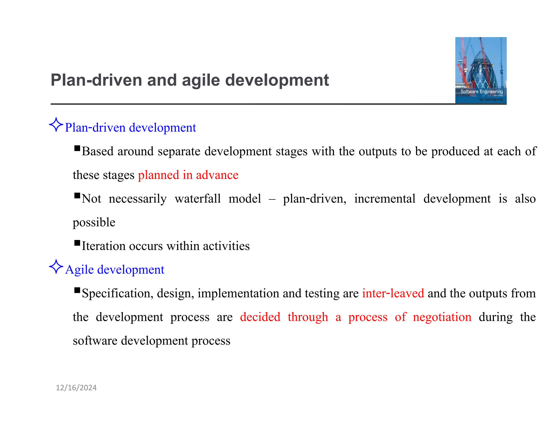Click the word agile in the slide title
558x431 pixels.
[x=201, y=80]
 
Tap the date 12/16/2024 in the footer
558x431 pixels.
[x=76, y=388]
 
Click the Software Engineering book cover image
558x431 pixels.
[x=481, y=70]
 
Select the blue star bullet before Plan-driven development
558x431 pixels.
[x=56, y=125]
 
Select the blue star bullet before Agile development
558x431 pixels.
[x=56, y=267]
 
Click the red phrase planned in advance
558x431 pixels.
[x=188, y=175]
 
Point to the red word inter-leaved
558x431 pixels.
[x=393, y=293]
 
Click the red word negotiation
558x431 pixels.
[x=442, y=317]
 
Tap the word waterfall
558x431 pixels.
[x=198, y=199]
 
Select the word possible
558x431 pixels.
[x=94, y=222]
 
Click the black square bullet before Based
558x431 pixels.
[x=77, y=148]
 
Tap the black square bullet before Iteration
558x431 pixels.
[x=77, y=243]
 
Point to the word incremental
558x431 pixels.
[x=384, y=199]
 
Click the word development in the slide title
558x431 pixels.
[x=277, y=80]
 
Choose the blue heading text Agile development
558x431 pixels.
[x=115, y=270]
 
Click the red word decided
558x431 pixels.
[x=260, y=317]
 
